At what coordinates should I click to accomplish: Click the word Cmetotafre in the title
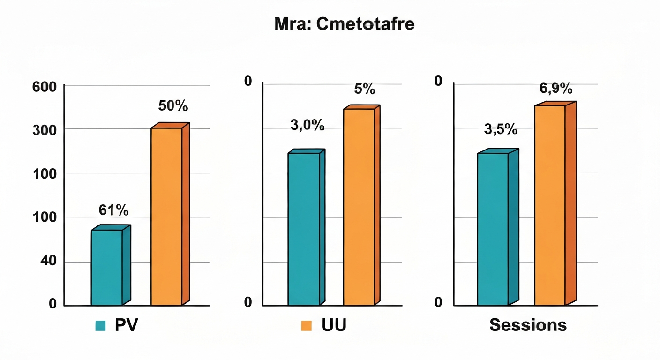point(365,24)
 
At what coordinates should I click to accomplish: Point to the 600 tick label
point(44,87)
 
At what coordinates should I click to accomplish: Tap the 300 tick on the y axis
point(44,130)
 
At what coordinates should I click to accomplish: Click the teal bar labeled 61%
point(107,267)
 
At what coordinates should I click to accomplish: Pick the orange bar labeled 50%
point(166,216)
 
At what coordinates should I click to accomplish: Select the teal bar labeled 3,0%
point(304,229)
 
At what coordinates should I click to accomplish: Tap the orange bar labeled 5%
point(359,207)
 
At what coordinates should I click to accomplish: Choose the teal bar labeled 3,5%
point(493,229)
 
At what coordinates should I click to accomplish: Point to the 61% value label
point(113,210)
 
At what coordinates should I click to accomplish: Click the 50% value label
point(173,106)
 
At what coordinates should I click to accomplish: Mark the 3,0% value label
point(307,126)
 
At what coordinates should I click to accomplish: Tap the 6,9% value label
point(556,88)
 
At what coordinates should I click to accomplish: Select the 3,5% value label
point(501,129)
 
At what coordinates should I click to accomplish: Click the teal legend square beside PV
point(100,326)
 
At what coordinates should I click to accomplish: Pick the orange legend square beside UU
point(306,326)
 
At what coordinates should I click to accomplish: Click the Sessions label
point(528,325)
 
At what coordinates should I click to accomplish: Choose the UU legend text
point(334,325)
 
